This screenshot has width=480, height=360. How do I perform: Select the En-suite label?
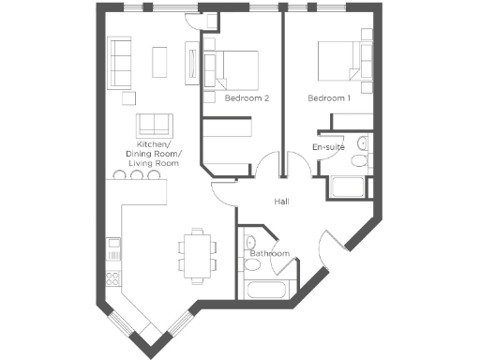click(328, 147)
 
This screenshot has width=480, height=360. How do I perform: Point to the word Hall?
click(281, 202)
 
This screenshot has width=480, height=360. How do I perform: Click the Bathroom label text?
click(269, 253)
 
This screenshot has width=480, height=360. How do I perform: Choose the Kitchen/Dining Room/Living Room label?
click(155, 154)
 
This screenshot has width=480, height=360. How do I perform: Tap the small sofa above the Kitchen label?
click(155, 125)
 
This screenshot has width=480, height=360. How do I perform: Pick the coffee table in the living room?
click(159, 61)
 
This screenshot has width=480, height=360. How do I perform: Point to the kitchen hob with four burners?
click(113, 277)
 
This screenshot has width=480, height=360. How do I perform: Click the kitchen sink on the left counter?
click(113, 247)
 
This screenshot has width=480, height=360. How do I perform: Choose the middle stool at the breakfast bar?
click(137, 175)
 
